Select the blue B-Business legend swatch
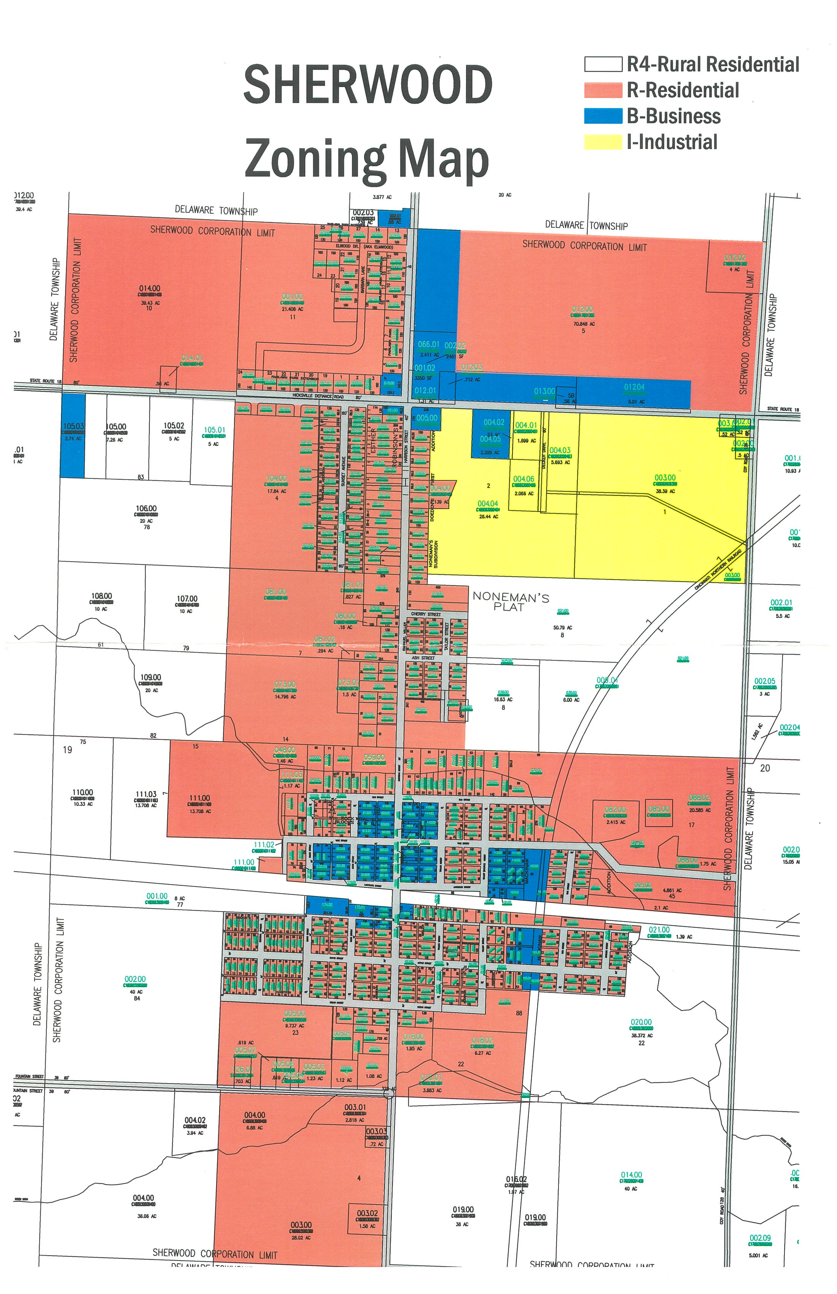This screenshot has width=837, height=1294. [x=603, y=116]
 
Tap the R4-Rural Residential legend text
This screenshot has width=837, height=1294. [x=713, y=64]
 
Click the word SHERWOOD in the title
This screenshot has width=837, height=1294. [x=368, y=85]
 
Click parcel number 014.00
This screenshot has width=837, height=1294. [x=150, y=288]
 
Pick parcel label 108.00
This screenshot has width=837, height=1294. [x=102, y=596]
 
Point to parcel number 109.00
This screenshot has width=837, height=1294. [x=151, y=677]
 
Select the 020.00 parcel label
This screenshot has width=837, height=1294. [x=641, y=1022]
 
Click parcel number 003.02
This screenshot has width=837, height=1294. [x=368, y=1214]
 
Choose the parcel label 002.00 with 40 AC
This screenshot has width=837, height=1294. [x=135, y=979]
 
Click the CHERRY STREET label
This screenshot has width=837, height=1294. [x=426, y=614]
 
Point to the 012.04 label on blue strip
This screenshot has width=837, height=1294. [x=634, y=387]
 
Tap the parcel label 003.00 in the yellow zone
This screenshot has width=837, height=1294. [x=665, y=478]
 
